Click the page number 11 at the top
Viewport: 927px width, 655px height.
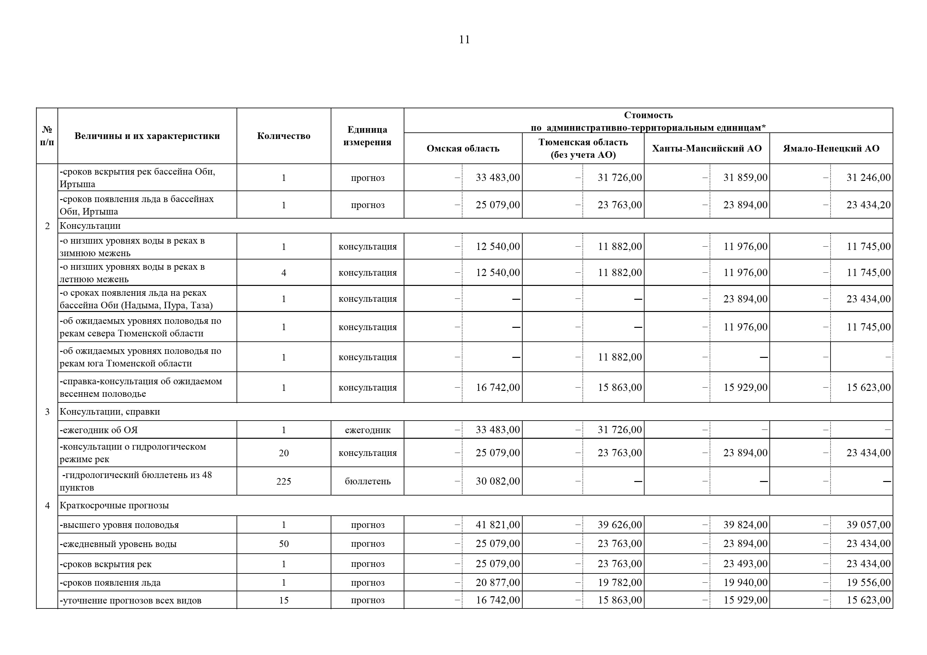(464, 40)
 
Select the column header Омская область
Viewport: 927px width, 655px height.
(463, 149)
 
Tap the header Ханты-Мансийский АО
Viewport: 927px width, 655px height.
(707, 149)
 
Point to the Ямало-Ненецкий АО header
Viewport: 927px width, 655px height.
(831, 149)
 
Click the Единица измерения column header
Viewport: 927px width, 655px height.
(367, 136)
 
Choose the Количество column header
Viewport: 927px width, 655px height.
(283, 136)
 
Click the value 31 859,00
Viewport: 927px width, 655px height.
(745, 178)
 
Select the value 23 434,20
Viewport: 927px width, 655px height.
(868, 205)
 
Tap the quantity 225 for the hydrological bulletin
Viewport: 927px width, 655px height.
(283, 481)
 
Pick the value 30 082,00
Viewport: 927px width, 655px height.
(498, 481)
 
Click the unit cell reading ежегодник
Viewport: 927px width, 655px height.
(367, 430)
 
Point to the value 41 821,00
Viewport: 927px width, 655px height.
(498, 525)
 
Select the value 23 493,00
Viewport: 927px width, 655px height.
(745, 564)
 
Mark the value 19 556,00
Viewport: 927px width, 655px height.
(868, 582)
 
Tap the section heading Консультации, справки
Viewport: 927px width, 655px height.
(110, 412)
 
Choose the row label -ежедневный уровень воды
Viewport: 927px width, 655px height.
(118, 544)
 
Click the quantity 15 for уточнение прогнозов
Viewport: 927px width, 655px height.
(283, 600)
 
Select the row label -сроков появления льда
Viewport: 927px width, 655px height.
(110, 583)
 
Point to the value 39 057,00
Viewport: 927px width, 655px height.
(868, 525)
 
